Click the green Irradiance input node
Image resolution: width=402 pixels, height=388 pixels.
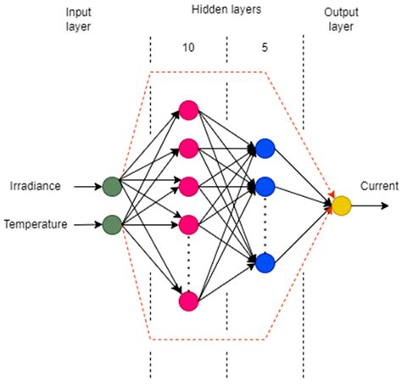click(111, 185)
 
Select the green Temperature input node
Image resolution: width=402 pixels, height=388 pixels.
click(111, 225)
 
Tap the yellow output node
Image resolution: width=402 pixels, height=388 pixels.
click(341, 205)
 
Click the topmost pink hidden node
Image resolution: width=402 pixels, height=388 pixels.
click(188, 110)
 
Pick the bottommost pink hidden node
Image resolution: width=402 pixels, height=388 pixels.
click(188, 301)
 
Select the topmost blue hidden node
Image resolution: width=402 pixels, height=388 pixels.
click(265, 148)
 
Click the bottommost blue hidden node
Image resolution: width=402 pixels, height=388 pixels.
click(265, 263)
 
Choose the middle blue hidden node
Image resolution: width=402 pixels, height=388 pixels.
click(265, 186)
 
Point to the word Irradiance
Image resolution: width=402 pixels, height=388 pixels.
click(35, 185)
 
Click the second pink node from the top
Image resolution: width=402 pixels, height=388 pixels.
click(188, 148)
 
